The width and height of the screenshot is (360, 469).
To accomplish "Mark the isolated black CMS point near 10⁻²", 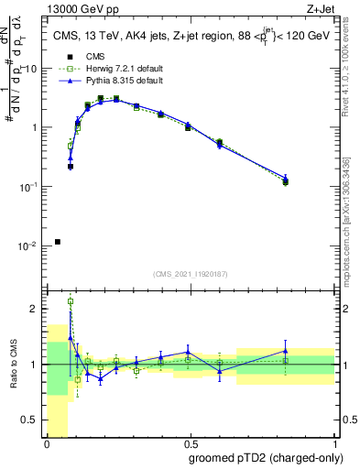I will pos(58,242).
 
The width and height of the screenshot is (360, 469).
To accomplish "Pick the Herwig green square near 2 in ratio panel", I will pos(71,300).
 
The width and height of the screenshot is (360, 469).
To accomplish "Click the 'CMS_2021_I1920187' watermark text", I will pos(191,273).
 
